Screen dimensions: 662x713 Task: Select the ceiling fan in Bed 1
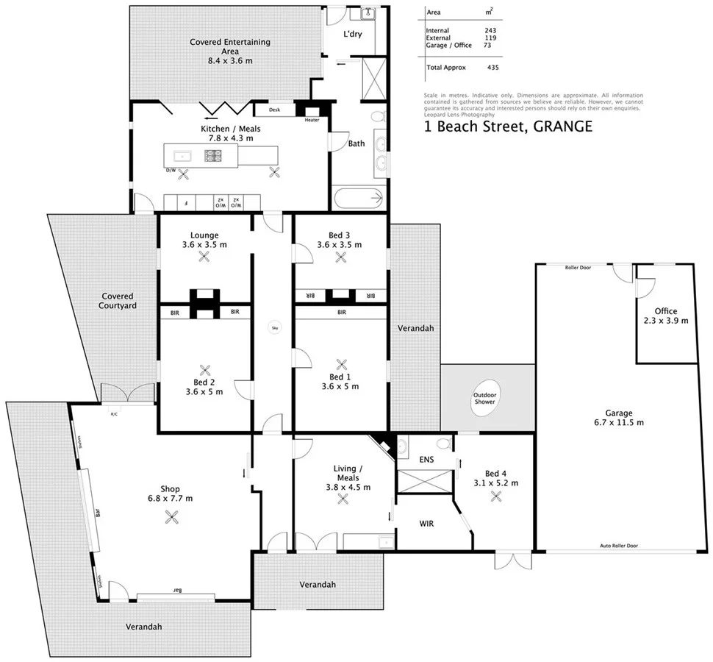tap(340, 364)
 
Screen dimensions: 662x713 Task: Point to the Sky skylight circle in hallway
tap(274, 330)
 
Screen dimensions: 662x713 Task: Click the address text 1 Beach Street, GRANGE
tap(508, 127)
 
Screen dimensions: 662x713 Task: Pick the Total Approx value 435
tap(492, 67)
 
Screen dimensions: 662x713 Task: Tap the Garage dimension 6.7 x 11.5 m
tap(619, 422)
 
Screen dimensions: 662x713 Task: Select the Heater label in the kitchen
tap(312, 120)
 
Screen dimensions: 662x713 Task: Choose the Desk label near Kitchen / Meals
tap(275, 110)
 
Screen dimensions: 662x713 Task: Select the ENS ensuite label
tap(426, 460)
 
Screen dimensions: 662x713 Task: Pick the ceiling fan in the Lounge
tap(204, 257)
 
